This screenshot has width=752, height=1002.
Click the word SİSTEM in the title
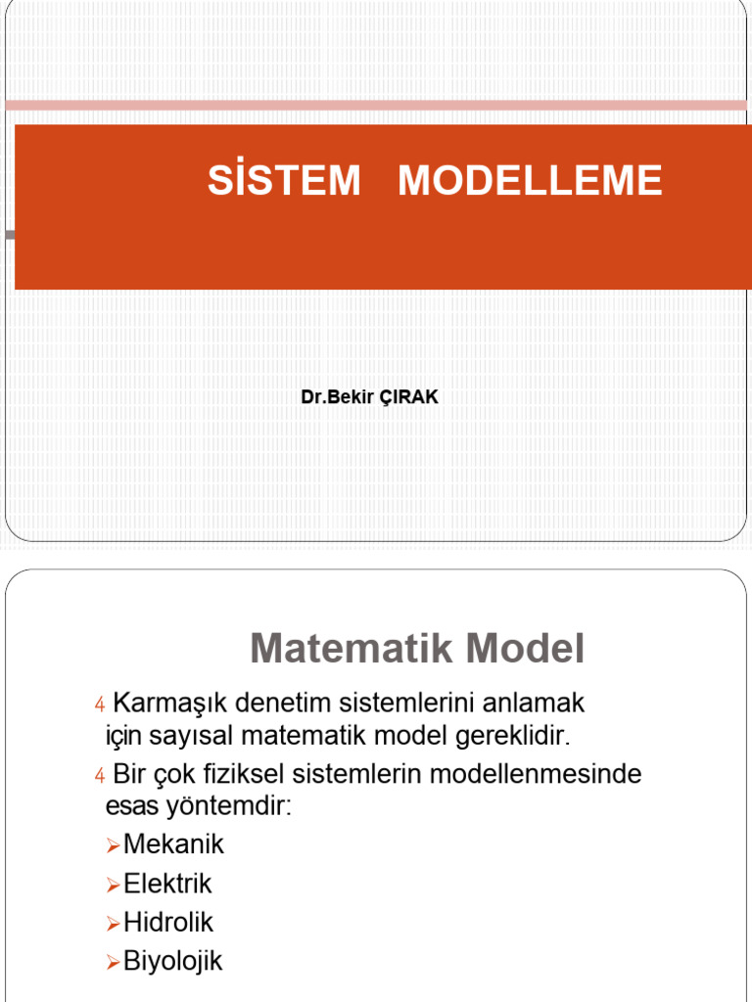pos(284,181)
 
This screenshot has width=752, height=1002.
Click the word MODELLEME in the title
pos(530,181)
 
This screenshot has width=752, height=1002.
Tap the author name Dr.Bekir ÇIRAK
pos(370,398)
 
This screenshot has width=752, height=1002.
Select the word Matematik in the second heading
pos(349,649)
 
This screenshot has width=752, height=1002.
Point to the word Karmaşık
pos(170,703)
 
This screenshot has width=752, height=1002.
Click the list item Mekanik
pos(173,844)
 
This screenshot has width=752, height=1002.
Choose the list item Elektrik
pos(167,884)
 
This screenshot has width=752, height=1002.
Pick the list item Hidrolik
pos(167,923)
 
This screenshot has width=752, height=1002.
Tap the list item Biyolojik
pos(172,961)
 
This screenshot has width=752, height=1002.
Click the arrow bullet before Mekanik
pos(113,845)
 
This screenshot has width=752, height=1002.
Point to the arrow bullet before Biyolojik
pos(113,962)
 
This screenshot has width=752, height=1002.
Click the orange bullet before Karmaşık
pos(99,705)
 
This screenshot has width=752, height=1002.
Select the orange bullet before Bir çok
pos(99,776)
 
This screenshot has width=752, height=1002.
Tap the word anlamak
pos(539,703)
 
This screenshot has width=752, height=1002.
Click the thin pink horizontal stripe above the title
pos(376,105)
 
